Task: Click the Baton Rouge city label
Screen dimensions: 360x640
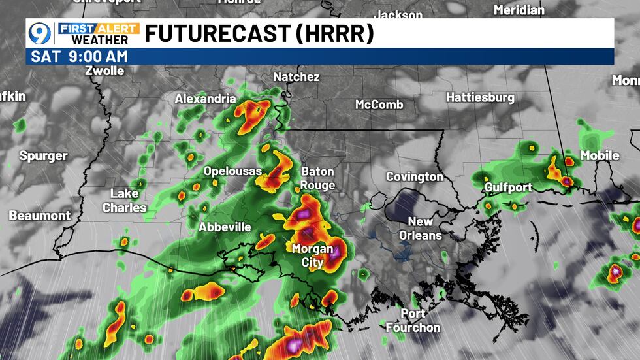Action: tap(317, 178)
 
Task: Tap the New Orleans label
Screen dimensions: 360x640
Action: tap(421, 229)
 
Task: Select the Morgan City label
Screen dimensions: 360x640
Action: tap(312, 255)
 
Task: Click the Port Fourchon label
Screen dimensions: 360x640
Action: tap(413, 321)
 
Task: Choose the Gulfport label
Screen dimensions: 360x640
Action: tap(508, 188)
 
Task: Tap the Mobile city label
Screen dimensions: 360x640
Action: tap(600, 155)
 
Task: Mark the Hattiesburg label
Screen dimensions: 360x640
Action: tap(480, 97)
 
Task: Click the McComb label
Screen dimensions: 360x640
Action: tap(379, 105)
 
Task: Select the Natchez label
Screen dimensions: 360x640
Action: tap(296, 77)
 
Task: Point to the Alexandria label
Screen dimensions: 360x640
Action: tap(205, 99)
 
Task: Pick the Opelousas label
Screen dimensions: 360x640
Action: tap(232, 171)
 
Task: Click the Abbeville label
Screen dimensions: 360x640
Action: tap(225, 227)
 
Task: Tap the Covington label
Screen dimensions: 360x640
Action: tap(414, 177)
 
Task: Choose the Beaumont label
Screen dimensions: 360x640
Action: tap(39, 215)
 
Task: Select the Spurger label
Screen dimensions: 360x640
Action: tap(43, 156)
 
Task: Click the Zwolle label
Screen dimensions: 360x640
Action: tap(104, 71)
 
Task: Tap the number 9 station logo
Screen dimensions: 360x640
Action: tap(40, 33)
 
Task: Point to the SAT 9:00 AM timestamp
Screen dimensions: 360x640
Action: tap(79, 56)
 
